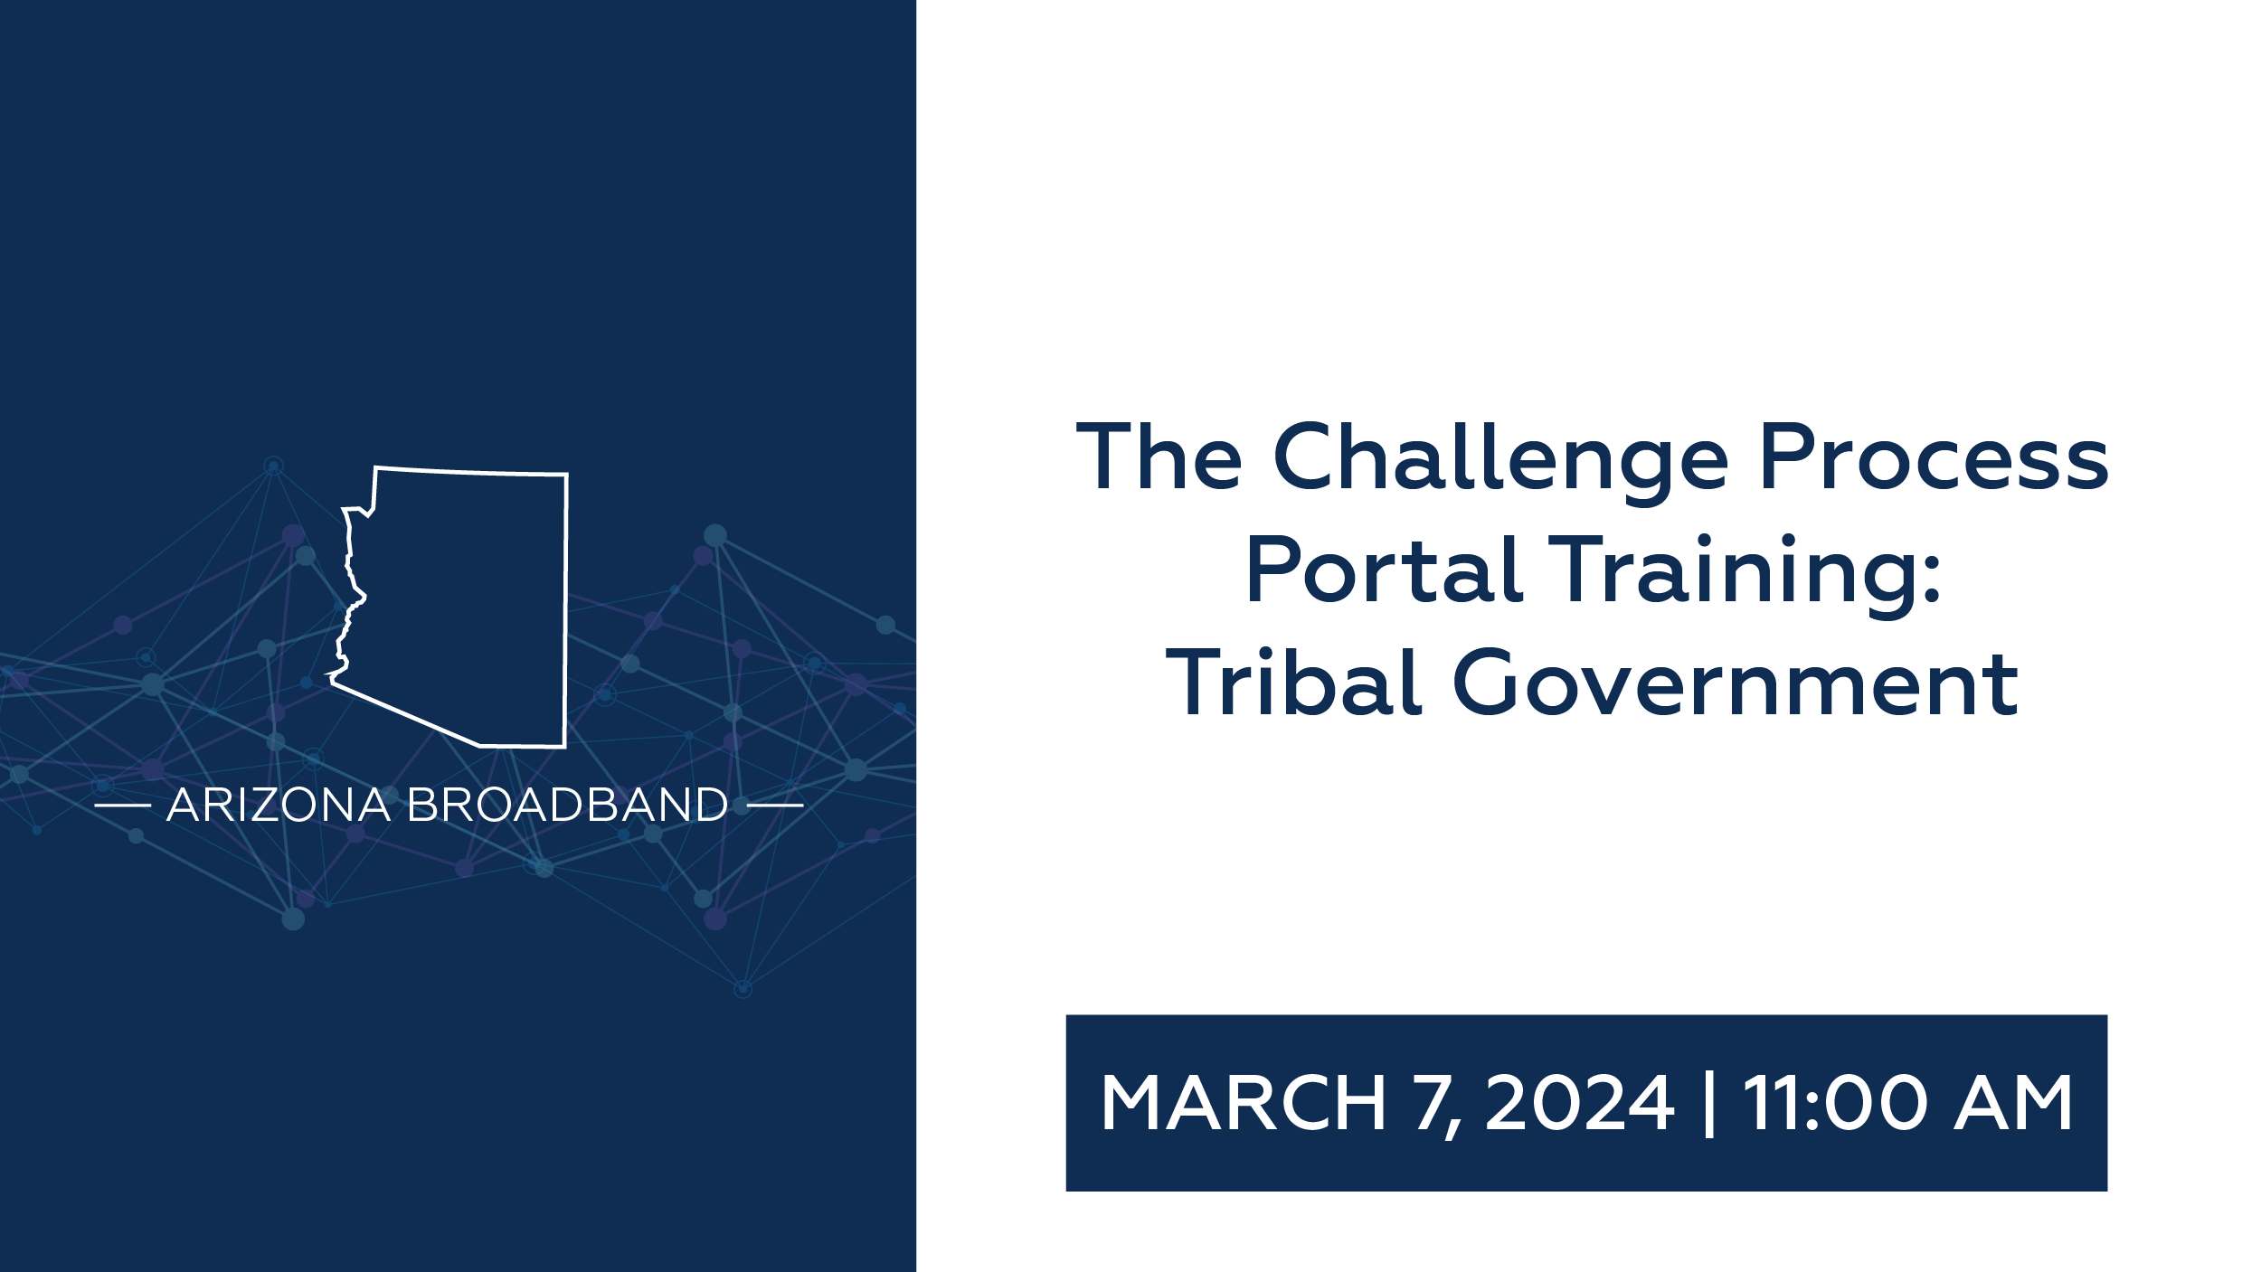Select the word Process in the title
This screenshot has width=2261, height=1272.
[x=1934, y=457]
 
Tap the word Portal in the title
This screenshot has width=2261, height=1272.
[x=1385, y=570]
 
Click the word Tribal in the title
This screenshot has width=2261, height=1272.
[x=1292, y=683]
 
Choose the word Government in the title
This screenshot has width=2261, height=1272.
[x=1736, y=683]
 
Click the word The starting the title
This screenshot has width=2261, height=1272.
[x=1159, y=457]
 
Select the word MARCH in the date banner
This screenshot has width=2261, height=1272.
[x=1243, y=1102]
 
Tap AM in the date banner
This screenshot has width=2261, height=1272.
[x=2014, y=1102]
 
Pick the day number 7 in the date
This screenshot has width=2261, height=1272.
[x=1432, y=1102]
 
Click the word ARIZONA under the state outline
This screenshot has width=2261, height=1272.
[x=279, y=805]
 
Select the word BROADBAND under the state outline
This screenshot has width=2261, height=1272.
[x=567, y=805]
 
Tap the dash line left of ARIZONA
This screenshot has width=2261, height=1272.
[x=122, y=805]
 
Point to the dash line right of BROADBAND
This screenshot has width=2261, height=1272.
[x=775, y=805]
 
